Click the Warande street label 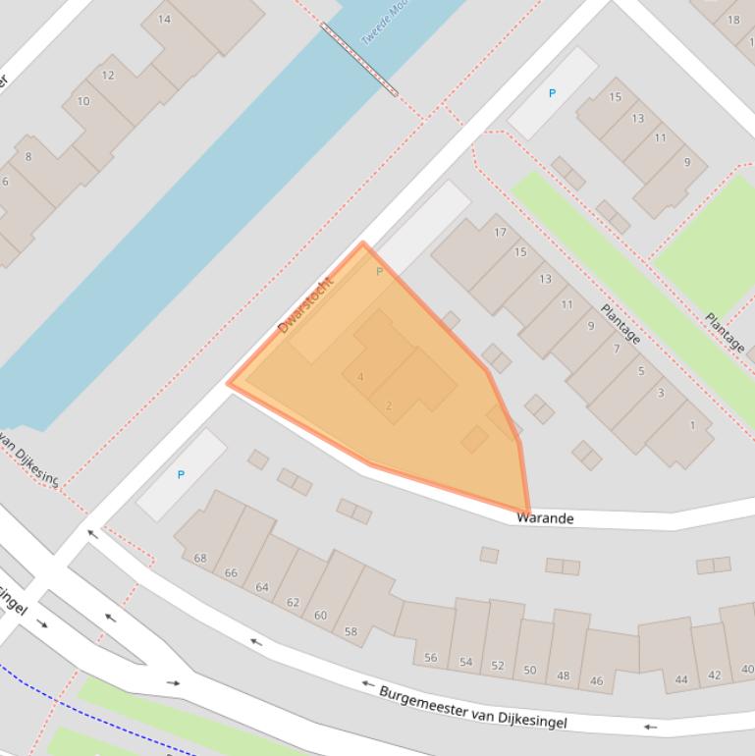[x=545, y=517]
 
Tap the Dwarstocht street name [x=306, y=304]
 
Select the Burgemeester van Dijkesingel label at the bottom [x=472, y=706]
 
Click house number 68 [x=200, y=558]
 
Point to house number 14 [x=164, y=19]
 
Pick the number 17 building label [x=500, y=233]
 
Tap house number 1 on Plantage [x=692, y=425]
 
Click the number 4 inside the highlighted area [x=360, y=377]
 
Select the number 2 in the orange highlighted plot [x=389, y=405]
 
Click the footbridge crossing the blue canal [x=359, y=60]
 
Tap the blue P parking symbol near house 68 [x=181, y=474]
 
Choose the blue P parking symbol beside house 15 [x=552, y=93]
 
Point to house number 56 [x=430, y=658]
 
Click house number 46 [x=596, y=680]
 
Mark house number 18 [x=733, y=20]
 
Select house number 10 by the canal [x=83, y=101]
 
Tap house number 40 [x=747, y=670]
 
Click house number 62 [x=293, y=602]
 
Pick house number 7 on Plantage [x=617, y=349]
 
